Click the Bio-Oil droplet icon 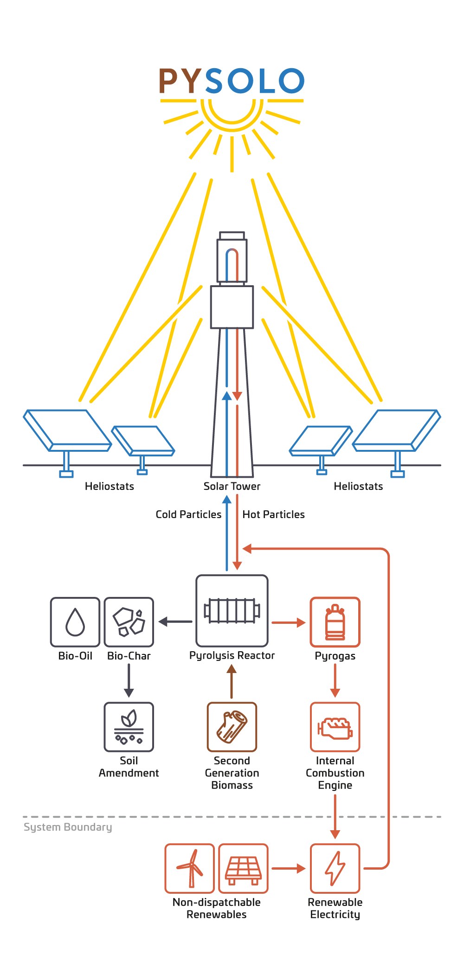75,622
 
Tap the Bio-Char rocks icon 129,622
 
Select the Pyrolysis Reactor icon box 232,611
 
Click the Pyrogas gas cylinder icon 335,622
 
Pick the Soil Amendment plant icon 129,727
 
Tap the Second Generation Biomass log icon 232,727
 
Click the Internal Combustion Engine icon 335,727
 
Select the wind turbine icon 190,868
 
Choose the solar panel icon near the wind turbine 243,868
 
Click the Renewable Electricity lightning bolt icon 335,868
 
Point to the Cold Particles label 188,514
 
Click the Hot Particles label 273,514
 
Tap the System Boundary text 68,827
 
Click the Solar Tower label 232,486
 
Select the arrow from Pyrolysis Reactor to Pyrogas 288,622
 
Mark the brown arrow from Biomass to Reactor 232,682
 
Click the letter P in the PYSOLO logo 170,81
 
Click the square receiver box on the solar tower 232,307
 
